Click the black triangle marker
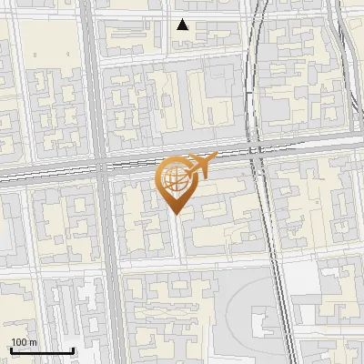point(183,25)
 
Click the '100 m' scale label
point(25,342)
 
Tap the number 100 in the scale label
point(19,342)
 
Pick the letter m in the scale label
point(34,343)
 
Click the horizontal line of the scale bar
point(41,350)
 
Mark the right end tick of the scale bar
point(74,349)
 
